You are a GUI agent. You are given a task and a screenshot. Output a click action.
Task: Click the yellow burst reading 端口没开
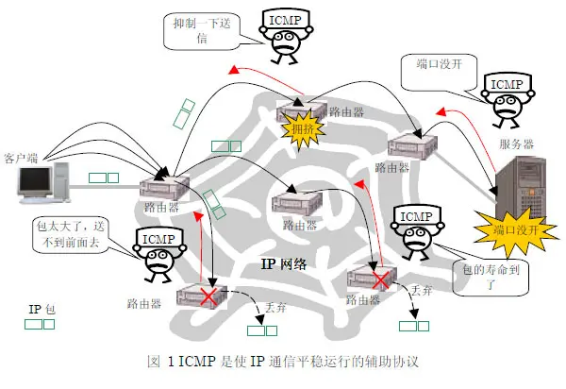click(509, 229)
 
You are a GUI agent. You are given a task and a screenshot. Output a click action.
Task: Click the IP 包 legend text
click(42, 309)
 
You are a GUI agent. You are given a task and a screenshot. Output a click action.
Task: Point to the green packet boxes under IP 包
click(40, 324)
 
